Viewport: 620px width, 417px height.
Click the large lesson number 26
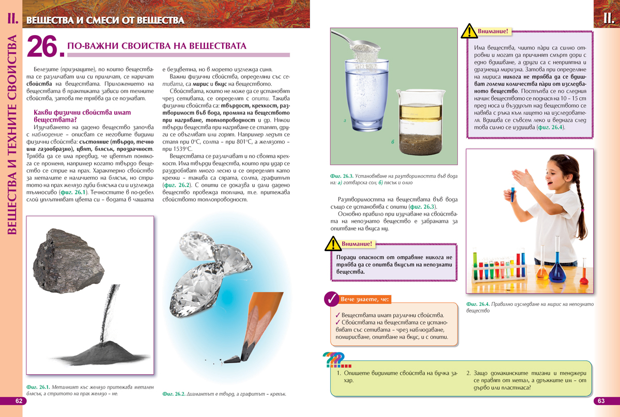pos(44,47)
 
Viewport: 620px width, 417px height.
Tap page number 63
pos(600,401)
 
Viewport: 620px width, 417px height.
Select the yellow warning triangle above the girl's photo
pos(469,32)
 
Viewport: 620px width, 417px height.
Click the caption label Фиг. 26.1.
pos(37,388)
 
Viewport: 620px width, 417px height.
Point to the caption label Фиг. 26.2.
pos(174,394)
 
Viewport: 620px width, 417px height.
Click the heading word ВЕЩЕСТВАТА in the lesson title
pos(218,46)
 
